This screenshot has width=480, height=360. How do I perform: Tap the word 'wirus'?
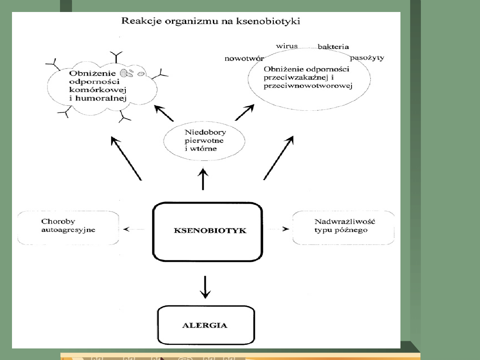pyautogui.click(x=287, y=46)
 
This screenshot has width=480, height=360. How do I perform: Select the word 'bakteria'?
pyautogui.click(x=333, y=47)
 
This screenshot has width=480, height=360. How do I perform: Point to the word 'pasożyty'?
pyautogui.click(x=367, y=58)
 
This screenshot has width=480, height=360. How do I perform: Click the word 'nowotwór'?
pyautogui.click(x=244, y=58)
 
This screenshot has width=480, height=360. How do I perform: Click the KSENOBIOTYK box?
pyautogui.click(x=207, y=231)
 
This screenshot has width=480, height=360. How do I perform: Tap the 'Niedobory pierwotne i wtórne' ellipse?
pyautogui.click(x=204, y=140)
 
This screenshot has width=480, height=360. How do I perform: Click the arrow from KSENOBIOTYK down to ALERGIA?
pyautogui.click(x=204, y=287)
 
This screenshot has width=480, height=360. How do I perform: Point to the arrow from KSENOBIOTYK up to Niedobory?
pyautogui.click(x=203, y=179)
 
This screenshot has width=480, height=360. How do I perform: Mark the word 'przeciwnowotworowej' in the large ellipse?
pyautogui.click(x=308, y=86)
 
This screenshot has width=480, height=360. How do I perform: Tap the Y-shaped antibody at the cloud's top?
pyautogui.click(x=117, y=57)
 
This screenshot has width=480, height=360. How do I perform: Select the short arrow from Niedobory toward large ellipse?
pyautogui.click(x=244, y=113)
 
